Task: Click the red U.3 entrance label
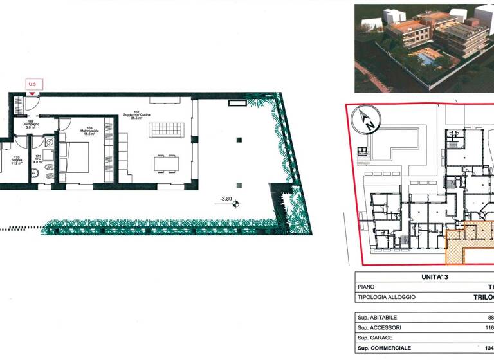click(32, 84)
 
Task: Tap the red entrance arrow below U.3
click(32, 93)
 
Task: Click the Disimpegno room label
click(30, 125)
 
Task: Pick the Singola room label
click(17, 161)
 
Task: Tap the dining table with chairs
click(167, 163)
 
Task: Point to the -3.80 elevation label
click(226, 198)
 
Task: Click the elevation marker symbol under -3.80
click(236, 205)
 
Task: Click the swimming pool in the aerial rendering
click(425, 59)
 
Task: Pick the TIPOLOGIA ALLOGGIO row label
click(386, 297)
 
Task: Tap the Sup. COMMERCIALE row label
click(383, 348)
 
